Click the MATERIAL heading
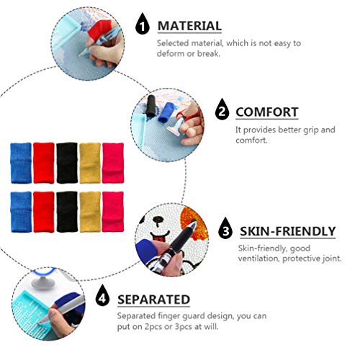tap(189, 26)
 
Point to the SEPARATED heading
tap(154, 299)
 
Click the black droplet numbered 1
tap(143, 26)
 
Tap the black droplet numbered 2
tap(222, 112)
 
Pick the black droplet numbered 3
tap(227, 231)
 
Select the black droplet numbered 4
tap(104, 300)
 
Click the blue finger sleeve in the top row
tap(21, 163)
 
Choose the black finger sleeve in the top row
tap(66, 163)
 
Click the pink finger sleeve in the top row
tap(112, 163)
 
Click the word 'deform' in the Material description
tap(171, 55)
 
